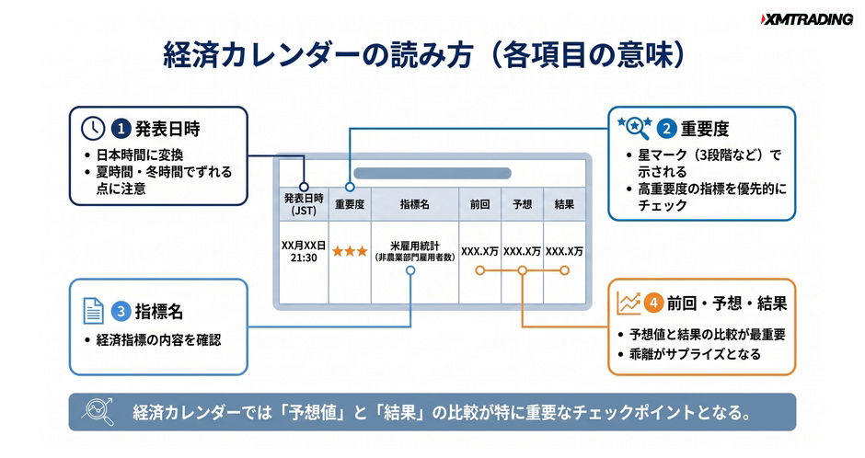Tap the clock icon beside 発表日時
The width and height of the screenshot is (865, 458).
[x=93, y=129]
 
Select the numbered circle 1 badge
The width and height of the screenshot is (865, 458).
[x=121, y=129]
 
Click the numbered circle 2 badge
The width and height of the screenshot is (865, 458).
[x=666, y=129]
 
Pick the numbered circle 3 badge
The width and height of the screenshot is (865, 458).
[x=121, y=312]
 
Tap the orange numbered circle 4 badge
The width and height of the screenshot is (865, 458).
[x=653, y=303]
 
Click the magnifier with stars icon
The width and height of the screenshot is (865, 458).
[x=634, y=128]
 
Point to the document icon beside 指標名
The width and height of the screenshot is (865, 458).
[x=93, y=311]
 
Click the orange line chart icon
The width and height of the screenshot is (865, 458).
[x=629, y=303]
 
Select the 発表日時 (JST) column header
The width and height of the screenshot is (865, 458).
[x=304, y=204]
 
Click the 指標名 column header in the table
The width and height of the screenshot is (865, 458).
[x=415, y=204]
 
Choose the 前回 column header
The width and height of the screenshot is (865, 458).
[x=480, y=204]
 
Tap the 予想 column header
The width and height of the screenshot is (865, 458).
[x=522, y=204]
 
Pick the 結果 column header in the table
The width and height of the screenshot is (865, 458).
[x=564, y=204]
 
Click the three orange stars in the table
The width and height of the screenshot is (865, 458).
[x=350, y=251]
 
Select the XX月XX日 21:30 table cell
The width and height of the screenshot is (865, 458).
[x=304, y=251]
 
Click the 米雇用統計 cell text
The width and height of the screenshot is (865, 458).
[x=415, y=246]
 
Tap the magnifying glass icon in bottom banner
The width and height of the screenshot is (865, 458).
[x=98, y=411]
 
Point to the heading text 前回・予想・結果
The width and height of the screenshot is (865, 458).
[x=727, y=303]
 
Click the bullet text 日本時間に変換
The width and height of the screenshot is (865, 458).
[x=140, y=155]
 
